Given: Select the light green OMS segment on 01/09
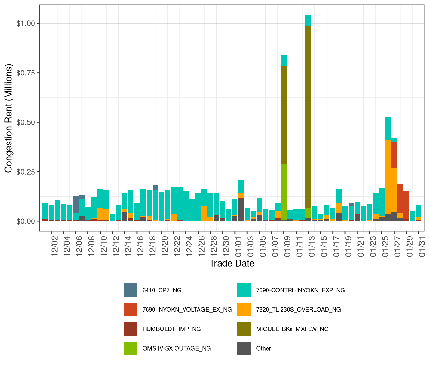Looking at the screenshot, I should click(x=284, y=192).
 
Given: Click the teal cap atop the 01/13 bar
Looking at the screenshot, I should click(x=308, y=20).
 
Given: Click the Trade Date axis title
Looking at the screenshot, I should click(x=232, y=263).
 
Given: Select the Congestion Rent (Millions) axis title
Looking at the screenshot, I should click(x=9, y=118).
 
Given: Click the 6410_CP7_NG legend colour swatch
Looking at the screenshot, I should click(x=130, y=290).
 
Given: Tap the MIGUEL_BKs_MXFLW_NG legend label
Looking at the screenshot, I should click(x=292, y=329).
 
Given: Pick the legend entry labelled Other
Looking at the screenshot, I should click(x=263, y=348).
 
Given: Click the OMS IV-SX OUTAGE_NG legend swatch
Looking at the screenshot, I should click(x=130, y=348).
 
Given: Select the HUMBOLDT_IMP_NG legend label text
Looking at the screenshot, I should click(x=171, y=329).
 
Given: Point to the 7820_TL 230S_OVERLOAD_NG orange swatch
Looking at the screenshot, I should click(x=244, y=309).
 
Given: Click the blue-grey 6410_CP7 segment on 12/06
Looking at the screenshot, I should click(x=76, y=204).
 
